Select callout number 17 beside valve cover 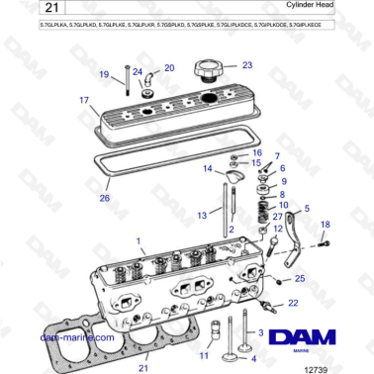click(85, 100)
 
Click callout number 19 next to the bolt click(104, 75)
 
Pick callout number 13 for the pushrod click(201, 214)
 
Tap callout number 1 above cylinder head click(139, 239)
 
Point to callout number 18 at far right click(326, 225)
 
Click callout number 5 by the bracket click(308, 208)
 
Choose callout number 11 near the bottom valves click(204, 353)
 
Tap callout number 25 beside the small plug click(300, 279)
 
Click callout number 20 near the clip click(169, 67)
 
